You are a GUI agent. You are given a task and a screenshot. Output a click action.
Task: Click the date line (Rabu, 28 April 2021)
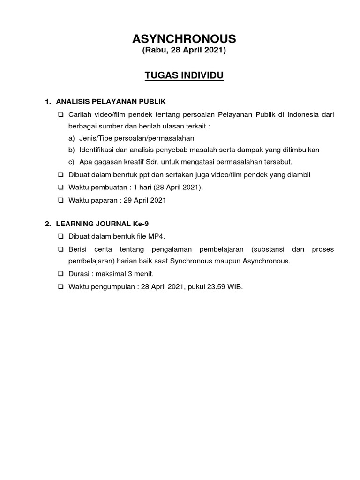(184, 51)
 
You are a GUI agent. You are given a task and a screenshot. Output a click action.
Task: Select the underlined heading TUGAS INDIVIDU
(184, 75)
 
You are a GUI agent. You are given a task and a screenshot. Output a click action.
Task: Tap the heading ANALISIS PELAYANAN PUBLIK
(111, 101)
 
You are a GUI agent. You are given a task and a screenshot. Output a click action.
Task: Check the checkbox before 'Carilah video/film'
(61, 114)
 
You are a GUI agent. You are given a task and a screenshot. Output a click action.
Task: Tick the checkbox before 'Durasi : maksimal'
(61, 273)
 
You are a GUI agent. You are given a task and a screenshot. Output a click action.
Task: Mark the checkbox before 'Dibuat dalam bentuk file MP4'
(61, 236)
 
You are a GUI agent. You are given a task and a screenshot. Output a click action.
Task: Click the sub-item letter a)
(71, 138)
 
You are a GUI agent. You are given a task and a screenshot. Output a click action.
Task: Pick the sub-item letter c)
(71, 162)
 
